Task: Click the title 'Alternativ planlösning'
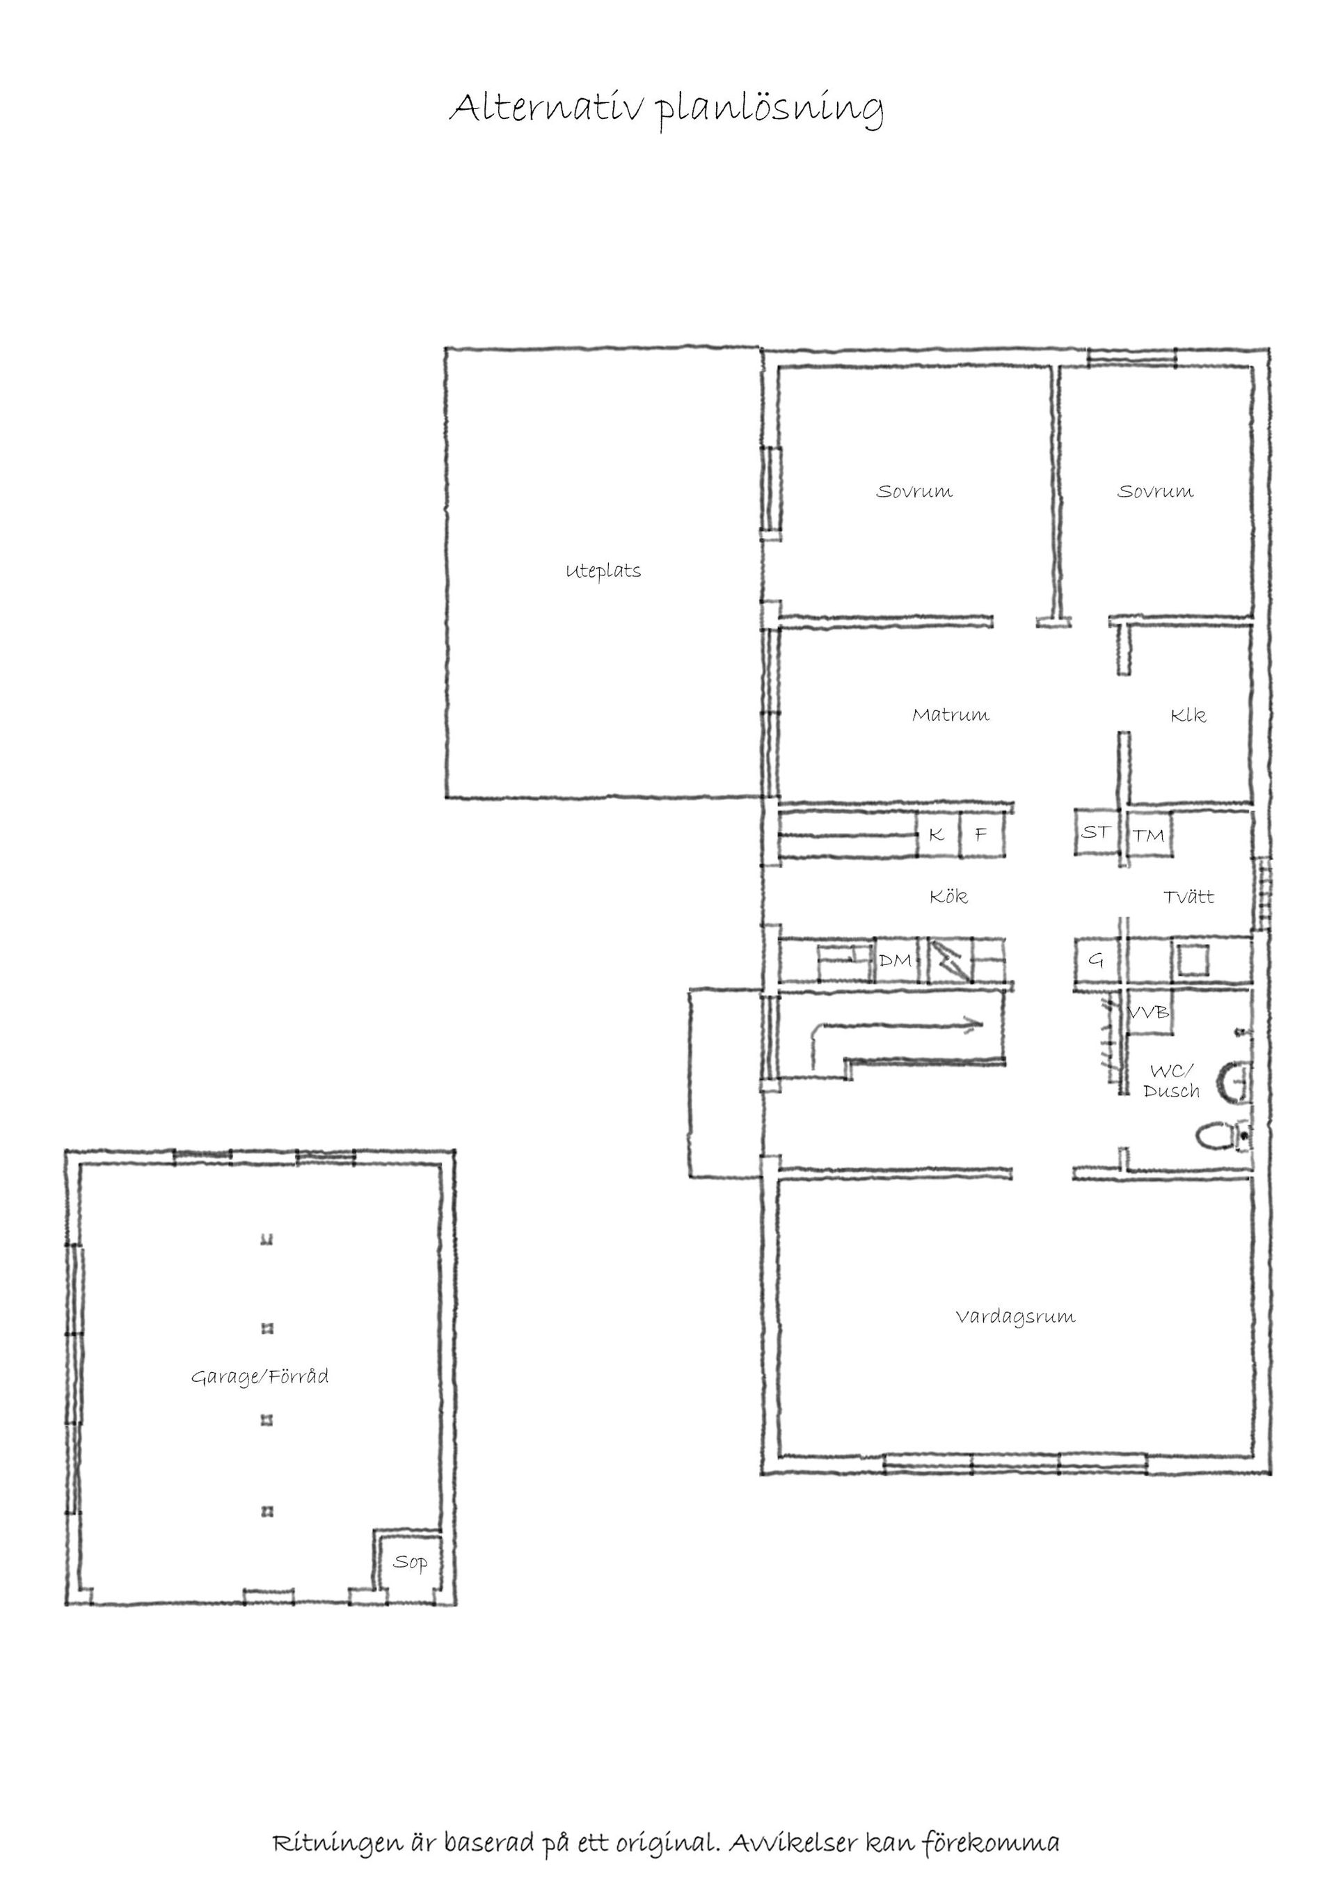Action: [667, 109]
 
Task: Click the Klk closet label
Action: [1188, 715]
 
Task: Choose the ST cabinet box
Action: [1095, 833]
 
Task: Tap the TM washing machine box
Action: [1148, 835]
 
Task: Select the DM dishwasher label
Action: [895, 959]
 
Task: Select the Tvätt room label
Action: [1188, 896]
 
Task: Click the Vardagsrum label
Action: [1015, 1316]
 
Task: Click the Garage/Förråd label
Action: [260, 1376]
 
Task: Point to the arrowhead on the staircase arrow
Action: [976, 1025]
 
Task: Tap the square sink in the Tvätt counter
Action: [1192, 960]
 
